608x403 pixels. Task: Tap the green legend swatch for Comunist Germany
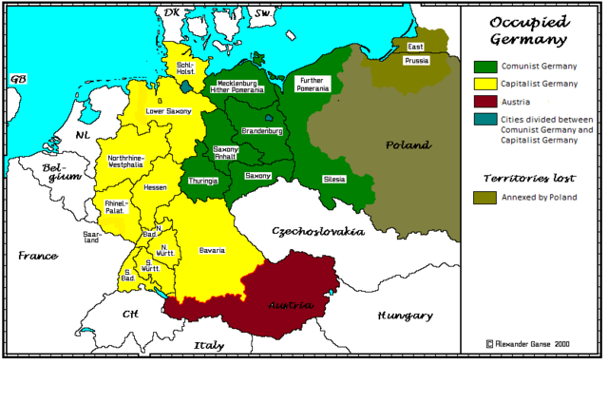pos(484,66)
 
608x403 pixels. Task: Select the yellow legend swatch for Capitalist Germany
pos(484,83)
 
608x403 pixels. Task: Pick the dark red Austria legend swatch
pos(484,101)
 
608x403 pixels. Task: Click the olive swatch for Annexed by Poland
pos(484,197)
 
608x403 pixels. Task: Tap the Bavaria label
pos(212,250)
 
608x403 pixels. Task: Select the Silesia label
pos(333,179)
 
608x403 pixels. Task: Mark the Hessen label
pos(155,187)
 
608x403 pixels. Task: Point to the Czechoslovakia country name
pos(317,231)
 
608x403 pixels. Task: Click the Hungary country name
pos(405,316)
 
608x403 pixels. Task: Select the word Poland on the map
pos(408,145)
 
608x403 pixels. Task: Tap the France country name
pos(37,256)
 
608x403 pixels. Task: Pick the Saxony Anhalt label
pos(226,154)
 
